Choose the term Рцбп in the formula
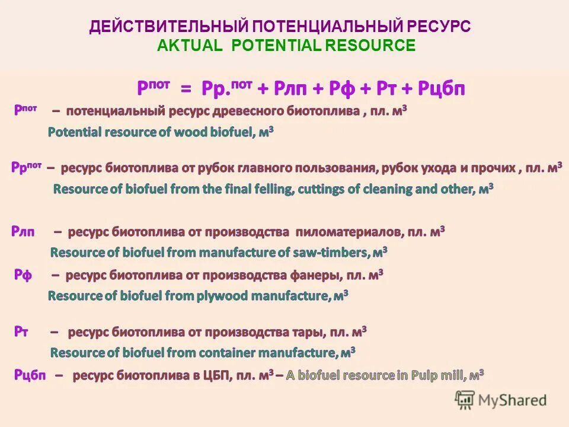point(442,89)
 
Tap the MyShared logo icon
point(465,399)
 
